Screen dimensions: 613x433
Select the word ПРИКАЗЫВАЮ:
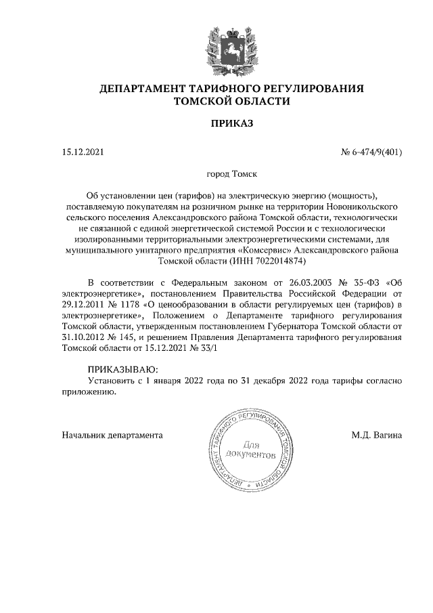(x=122, y=370)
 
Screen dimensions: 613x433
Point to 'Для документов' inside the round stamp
(x=252, y=450)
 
